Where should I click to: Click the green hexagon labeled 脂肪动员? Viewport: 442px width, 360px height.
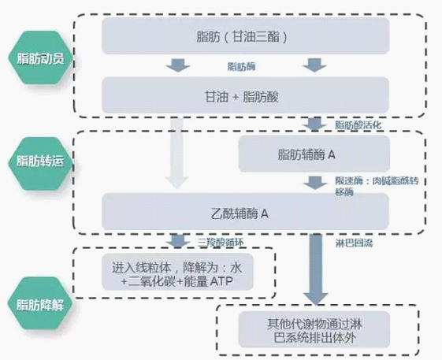coord(40,58)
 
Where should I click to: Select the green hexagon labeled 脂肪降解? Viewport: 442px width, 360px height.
coord(40,303)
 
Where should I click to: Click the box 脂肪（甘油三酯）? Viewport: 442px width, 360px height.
coord(245,35)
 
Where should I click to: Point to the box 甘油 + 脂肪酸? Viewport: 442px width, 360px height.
coord(245,95)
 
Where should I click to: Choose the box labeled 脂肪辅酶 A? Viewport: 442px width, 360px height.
coord(314,154)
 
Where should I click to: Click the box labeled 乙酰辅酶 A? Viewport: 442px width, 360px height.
coord(245,211)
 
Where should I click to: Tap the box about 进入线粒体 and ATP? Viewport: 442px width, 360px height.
coord(177,272)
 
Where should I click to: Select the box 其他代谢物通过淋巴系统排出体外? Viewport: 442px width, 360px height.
coord(314,330)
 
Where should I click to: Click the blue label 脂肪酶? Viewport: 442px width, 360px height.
coord(241,66)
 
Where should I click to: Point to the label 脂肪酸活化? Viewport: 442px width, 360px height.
coord(358,125)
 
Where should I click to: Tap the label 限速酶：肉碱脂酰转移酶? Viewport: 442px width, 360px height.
coord(377,186)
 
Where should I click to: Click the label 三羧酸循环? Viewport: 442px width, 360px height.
coord(221,243)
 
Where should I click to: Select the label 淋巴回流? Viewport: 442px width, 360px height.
coord(354,243)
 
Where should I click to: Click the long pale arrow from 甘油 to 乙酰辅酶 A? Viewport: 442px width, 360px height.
coord(176,153)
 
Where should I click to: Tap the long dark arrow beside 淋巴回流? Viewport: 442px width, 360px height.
coord(316,269)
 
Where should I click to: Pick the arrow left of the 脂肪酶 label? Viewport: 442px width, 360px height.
coord(178,65)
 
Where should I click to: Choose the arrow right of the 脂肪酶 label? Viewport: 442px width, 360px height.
coord(314,65)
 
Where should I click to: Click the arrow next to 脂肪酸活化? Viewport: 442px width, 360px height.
coord(314,124)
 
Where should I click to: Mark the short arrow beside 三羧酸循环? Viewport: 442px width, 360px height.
coord(177,241)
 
